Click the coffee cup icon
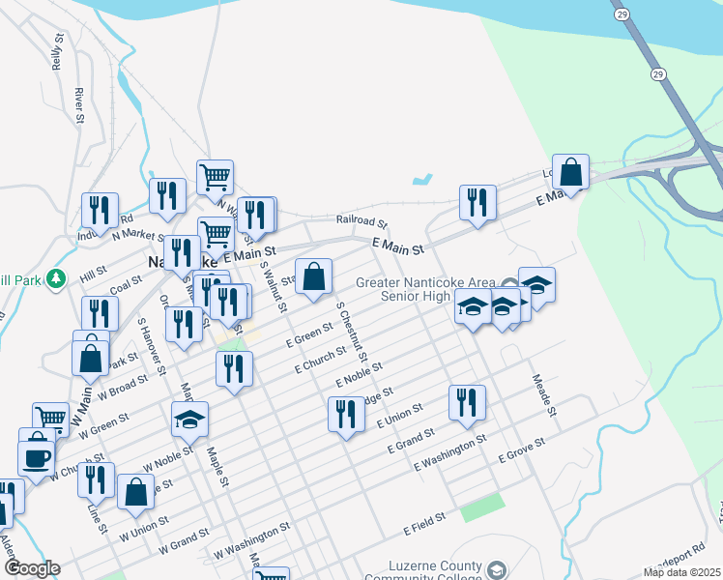36,457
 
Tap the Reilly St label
57,57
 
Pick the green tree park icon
56,278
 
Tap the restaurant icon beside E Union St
346,415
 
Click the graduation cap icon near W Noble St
189,419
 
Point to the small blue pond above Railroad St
421,180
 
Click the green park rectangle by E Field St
482,507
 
